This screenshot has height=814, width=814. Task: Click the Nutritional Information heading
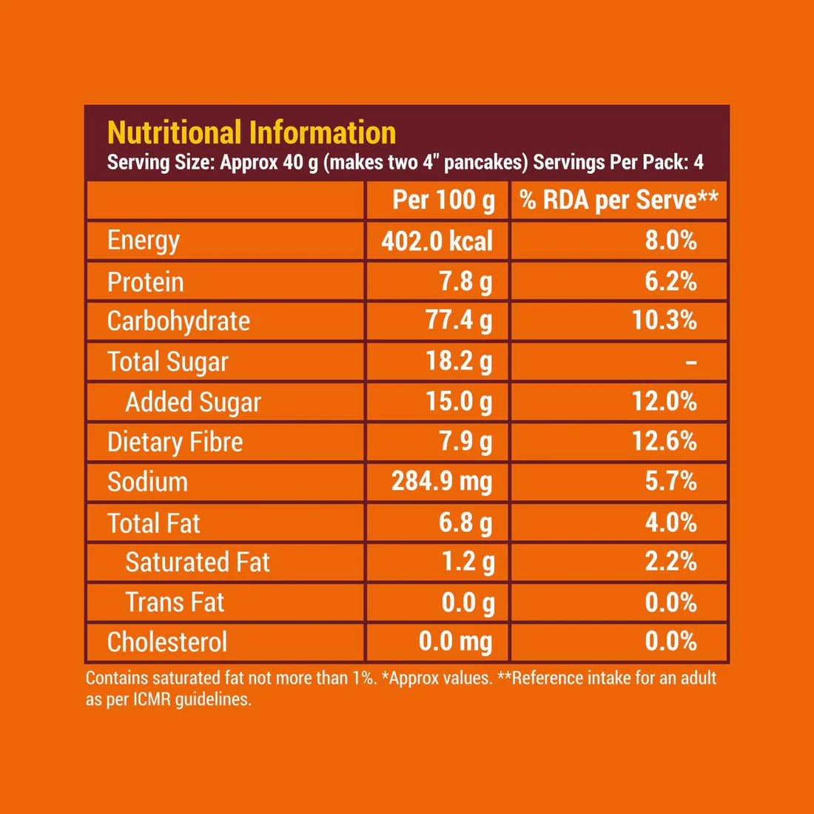[x=252, y=133]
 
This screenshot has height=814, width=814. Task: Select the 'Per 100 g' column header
[x=443, y=200]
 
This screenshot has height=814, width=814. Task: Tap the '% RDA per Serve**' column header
[x=619, y=200]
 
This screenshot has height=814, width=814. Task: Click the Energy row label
[x=144, y=240]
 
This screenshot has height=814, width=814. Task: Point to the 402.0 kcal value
[x=437, y=241]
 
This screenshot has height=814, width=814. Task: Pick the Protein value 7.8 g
[x=465, y=281]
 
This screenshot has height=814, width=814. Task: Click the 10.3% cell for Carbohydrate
[x=664, y=320]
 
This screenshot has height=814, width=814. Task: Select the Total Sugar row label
[x=168, y=362]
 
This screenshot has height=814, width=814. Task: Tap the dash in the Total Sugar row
[x=690, y=363]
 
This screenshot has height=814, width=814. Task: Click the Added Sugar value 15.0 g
[x=459, y=402]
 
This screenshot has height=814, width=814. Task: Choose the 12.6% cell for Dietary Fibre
[x=664, y=442]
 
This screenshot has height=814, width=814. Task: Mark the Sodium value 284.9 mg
[x=442, y=482]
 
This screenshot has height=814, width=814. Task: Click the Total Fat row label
[x=154, y=523]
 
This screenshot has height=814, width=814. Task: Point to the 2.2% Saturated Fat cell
[x=670, y=562]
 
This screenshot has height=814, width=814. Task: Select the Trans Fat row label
[x=175, y=602]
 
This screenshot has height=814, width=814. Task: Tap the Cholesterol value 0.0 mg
[x=455, y=642]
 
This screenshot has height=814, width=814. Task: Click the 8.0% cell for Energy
[x=670, y=240]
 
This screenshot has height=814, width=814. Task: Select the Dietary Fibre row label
[x=175, y=442]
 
